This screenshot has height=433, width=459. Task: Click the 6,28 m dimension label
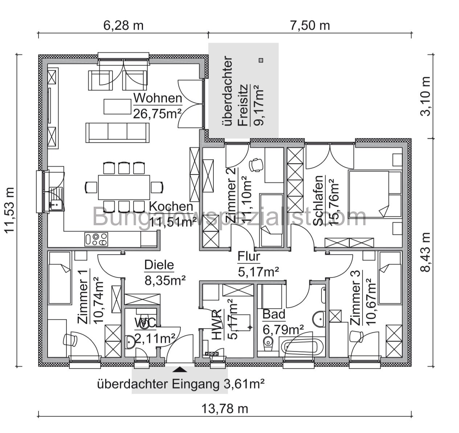(124, 25)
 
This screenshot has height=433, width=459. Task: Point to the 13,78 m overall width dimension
(225, 409)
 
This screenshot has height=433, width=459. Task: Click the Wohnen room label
(157, 98)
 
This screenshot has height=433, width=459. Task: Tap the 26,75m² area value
(157, 113)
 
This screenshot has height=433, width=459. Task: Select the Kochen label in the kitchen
(171, 206)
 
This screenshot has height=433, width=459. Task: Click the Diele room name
(159, 265)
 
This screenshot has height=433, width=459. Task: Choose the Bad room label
(274, 314)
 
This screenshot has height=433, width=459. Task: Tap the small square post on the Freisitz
(261, 60)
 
